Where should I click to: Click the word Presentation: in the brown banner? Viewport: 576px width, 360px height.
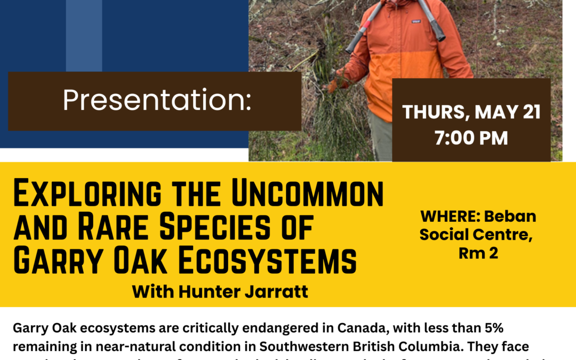tap(156, 101)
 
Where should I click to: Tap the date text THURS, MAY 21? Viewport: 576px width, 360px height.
tap(471, 113)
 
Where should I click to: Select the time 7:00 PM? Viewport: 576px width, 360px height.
tap(471, 138)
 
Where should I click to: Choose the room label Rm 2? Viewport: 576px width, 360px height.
tap(478, 253)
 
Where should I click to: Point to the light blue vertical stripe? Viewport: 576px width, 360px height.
tap(84, 35)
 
